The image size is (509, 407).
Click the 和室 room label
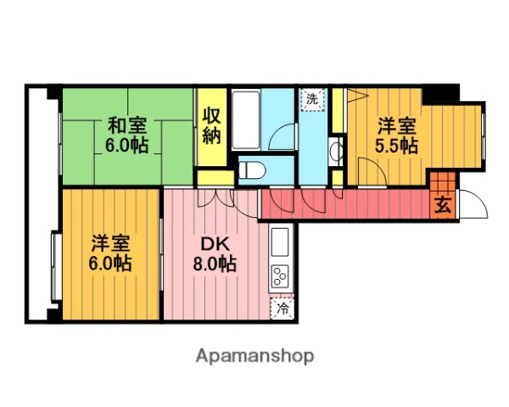pyautogui.click(x=124, y=125)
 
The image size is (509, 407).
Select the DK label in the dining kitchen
pyautogui.click(x=212, y=243)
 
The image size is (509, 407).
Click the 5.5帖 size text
pyautogui.click(x=396, y=147)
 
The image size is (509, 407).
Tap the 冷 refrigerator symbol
pyautogui.click(x=281, y=309)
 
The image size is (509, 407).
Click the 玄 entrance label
pyautogui.click(x=441, y=204)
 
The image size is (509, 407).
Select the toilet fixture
pyautogui.click(x=250, y=170)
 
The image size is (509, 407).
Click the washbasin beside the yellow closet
pyautogui.click(x=335, y=153)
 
